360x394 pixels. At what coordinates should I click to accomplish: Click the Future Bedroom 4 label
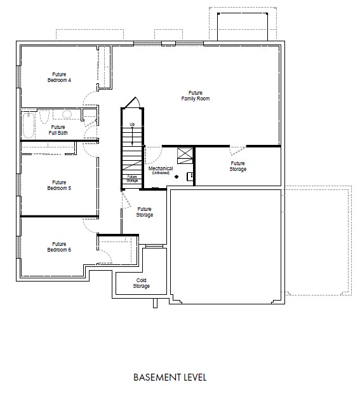[x=59, y=77]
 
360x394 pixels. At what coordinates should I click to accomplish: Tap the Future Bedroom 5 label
[x=59, y=185]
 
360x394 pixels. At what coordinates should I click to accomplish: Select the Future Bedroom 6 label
[x=59, y=247]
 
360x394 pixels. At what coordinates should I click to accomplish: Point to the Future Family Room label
[x=196, y=96]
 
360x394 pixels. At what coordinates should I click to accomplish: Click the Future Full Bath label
[x=58, y=130]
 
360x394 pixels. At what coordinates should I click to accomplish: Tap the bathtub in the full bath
[x=29, y=125]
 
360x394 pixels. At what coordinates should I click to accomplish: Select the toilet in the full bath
[x=44, y=116]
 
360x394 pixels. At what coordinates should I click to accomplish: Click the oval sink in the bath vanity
[x=67, y=114]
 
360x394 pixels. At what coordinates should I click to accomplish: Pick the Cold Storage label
[x=142, y=283]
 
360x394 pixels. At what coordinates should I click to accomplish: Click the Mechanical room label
[x=161, y=170]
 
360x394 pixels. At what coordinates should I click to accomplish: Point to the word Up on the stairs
[x=132, y=125]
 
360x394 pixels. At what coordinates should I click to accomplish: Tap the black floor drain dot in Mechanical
[x=177, y=177]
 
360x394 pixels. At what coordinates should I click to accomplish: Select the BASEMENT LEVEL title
[x=170, y=377]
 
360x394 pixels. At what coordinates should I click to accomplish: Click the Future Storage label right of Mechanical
[x=237, y=166]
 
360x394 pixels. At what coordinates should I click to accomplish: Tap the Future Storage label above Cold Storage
[x=145, y=212]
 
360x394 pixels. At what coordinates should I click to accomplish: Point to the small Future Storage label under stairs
[x=132, y=179]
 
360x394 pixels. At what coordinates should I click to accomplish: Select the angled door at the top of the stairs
[x=131, y=102]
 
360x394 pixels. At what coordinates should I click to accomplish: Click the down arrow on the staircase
[x=132, y=136]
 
